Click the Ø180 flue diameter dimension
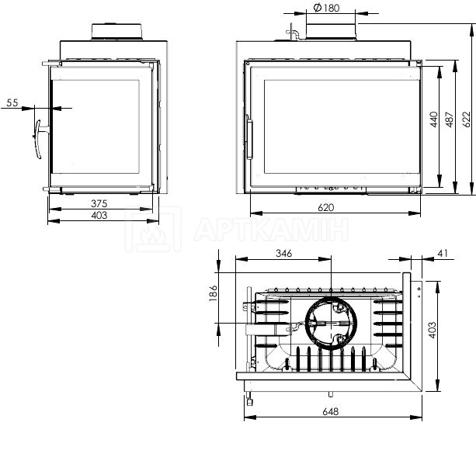click(326, 8)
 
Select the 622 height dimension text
click(467, 119)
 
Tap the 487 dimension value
click(450, 119)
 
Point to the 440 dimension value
click(434, 119)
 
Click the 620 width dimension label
click(325, 207)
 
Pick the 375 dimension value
click(99, 203)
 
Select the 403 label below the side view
click(99, 215)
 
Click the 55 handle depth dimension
click(12, 102)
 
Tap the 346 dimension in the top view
click(284, 253)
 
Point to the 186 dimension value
click(213, 293)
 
